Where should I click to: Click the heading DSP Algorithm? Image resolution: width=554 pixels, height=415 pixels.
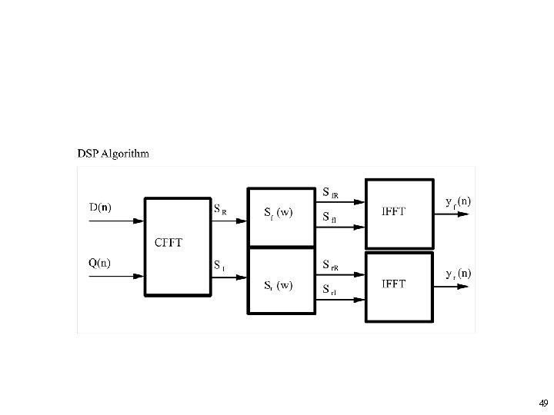(x=114, y=153)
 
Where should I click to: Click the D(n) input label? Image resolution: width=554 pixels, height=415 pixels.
(x=100, y=207)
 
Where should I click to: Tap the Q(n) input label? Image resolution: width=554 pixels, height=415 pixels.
(x=100, y=262)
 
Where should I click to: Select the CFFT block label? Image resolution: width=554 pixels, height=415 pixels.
(x=169, y=243)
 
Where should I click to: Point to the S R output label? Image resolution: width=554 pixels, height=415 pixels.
(x=220, y=207)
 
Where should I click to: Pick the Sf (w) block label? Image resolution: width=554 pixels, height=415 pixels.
(x=277, y=211)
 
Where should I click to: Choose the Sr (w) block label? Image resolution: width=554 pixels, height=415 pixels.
(x=277, y=285)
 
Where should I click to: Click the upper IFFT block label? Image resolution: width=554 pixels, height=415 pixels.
(x=394, y=211)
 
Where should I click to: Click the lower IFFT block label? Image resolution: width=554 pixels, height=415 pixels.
(x=394, y=284)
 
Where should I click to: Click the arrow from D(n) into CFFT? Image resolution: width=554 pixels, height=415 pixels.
(x=115, y=221)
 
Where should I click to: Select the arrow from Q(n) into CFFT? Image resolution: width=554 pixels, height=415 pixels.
(x=115, y=276)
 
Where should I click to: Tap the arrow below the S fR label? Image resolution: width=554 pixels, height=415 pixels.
(x=339, y=204)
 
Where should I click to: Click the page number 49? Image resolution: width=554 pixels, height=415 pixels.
(x=543, y=403)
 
